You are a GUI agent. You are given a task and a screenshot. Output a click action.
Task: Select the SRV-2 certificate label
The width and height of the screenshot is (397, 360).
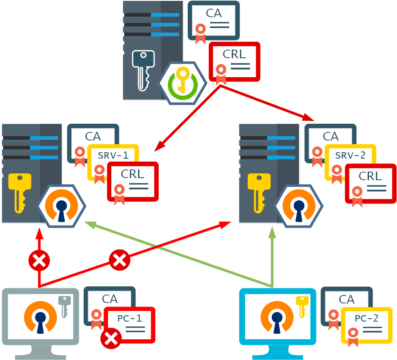(350, 155)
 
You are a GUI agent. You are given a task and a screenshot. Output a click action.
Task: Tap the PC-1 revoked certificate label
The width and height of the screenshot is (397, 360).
(129, 319)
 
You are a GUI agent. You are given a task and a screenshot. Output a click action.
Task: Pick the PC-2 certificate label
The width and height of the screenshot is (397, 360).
(366, 319)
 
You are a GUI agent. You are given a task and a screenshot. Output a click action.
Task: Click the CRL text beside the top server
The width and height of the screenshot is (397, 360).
(234, 54)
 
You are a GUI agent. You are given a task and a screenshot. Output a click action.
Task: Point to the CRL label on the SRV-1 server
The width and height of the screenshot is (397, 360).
(132, 174)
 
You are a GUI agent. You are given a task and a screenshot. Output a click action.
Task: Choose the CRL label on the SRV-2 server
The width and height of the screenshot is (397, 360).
(370, 176)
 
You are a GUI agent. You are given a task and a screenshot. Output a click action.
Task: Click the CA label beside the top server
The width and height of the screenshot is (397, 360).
(214, 13)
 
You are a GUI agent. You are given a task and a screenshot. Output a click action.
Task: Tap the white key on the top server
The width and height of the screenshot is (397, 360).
(142, 69)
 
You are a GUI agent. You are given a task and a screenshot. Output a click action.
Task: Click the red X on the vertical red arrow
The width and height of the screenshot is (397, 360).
(39, 260)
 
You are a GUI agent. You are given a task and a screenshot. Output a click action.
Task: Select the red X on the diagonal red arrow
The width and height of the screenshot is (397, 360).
(120, 260)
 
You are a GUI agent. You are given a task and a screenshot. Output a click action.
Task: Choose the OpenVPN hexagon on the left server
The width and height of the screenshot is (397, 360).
(62, 206)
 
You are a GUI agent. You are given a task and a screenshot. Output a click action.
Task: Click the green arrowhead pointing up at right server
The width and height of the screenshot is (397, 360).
(272, 232)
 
